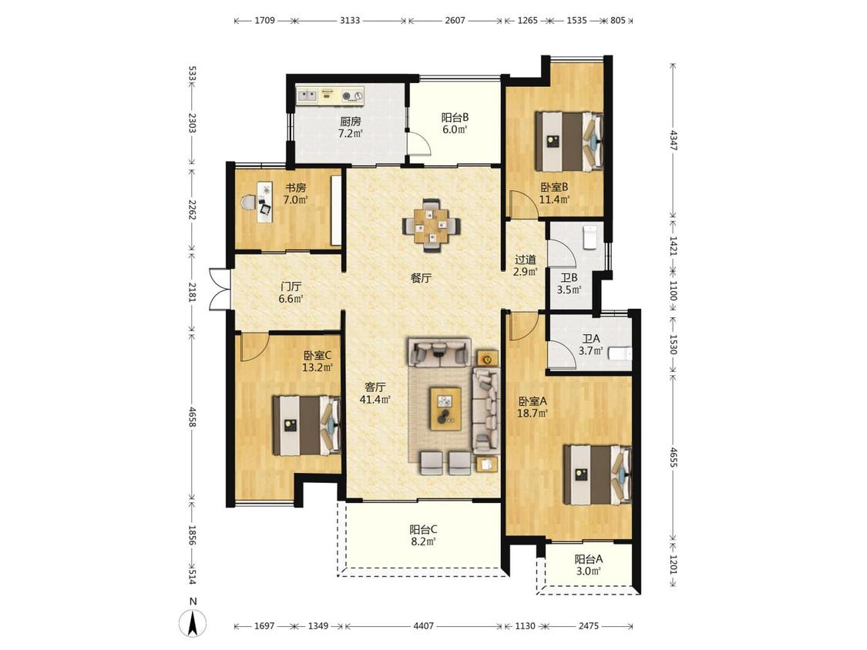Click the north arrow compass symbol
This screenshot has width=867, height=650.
coord(193,624)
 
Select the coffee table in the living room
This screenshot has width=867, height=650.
coord(445,408)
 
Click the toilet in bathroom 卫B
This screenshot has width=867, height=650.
coord(590,237)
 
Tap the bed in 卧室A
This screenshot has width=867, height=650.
coord(597,474)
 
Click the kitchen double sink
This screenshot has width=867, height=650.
coord(307,96)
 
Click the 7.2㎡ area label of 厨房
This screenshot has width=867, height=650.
coord(350,134)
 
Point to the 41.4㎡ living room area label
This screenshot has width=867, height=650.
coord(375,400)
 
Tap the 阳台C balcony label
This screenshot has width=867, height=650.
coord(424,529)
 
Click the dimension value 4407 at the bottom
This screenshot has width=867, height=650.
coord(424,625)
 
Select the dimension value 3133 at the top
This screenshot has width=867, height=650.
coord(349,21)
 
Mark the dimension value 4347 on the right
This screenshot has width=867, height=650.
coord(673,140)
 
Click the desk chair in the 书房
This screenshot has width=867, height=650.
coord(249,203)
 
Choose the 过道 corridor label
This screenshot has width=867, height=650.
coord(526,260)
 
